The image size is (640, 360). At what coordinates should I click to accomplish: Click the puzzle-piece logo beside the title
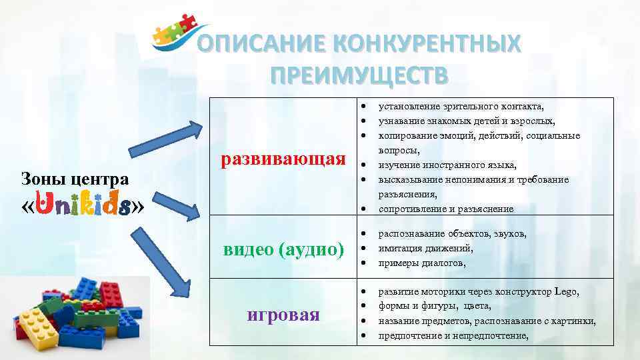(175, 35)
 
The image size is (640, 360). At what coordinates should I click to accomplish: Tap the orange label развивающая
(284, 159)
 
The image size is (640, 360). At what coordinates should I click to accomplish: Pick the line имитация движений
(425, 248)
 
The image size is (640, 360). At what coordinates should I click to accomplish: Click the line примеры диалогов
(422, 263)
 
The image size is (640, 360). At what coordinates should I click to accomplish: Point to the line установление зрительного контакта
(461, 106)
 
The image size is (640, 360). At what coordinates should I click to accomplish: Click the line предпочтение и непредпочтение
(453, 335)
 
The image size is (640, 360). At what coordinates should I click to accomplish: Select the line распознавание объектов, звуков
(452, 233)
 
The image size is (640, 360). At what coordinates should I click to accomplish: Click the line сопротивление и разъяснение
(445, 209)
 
